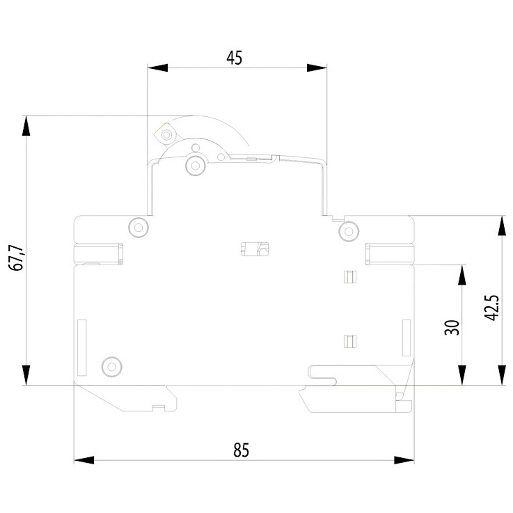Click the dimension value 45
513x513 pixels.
(x=235, y=58)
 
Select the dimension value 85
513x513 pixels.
(x=241, y=450)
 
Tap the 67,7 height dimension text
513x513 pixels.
(x=17, y=258)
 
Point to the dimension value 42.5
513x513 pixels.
(x=491, y=308)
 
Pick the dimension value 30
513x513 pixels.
(x=452, y=327)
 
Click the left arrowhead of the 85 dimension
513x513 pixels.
(x=84, y=460)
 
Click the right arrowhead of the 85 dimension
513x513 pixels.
(x=404, y=460)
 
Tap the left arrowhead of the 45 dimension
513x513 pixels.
(x=157, y=68)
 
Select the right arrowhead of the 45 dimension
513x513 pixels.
(x=317, y=68)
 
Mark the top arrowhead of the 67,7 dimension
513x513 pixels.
(x=26, y=125)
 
